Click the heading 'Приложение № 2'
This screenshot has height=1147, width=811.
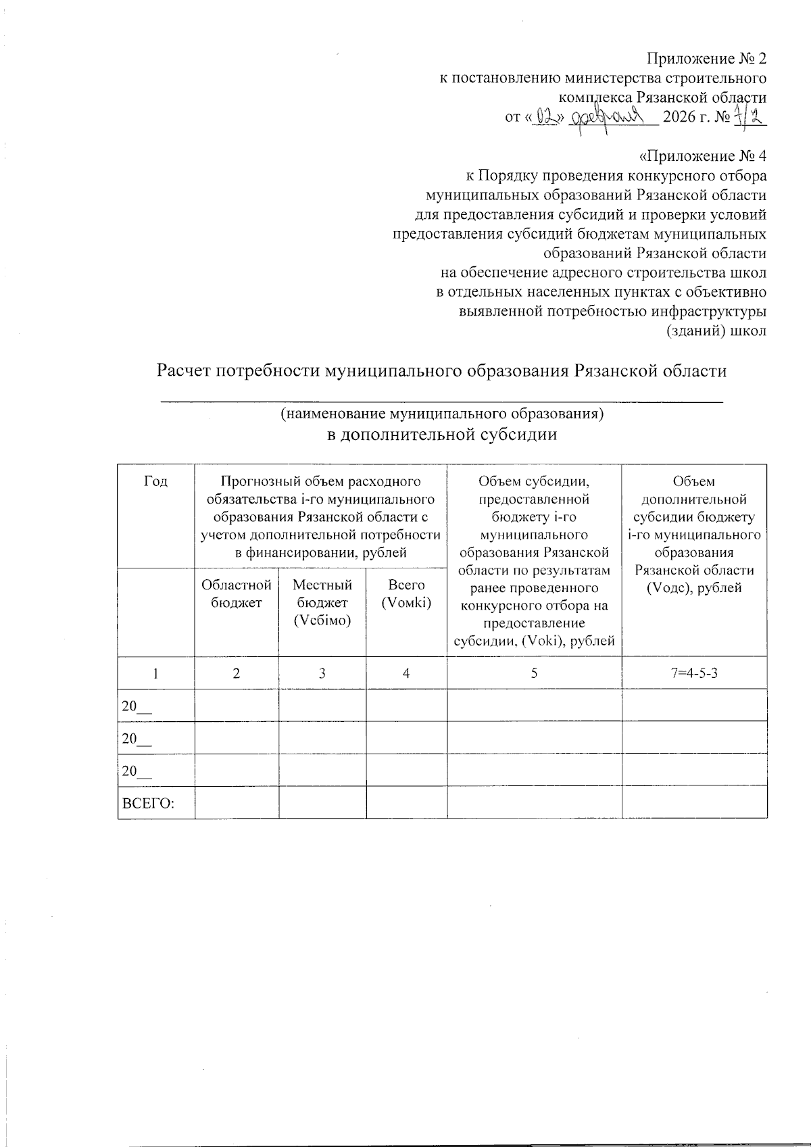707,58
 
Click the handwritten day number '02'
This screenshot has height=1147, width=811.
545,118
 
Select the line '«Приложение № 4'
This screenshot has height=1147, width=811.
702,156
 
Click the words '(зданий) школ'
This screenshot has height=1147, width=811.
716,332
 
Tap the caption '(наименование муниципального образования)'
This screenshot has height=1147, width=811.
442,413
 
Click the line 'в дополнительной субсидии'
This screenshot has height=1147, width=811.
442,435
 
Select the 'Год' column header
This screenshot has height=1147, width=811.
156,482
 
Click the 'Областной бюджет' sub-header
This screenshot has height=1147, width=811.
237,594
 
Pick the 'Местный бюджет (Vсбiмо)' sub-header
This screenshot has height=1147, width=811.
322,603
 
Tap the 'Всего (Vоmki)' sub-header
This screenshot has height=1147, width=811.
406,594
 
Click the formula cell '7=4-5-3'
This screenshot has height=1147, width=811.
694,673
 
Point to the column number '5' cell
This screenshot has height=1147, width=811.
534,673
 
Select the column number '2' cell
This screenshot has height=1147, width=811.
237,673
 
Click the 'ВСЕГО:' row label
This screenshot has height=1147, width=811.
147,804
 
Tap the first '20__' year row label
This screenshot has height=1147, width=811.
137,706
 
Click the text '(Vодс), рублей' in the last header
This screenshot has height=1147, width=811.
694,587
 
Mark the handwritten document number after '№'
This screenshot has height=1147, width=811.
749,118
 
